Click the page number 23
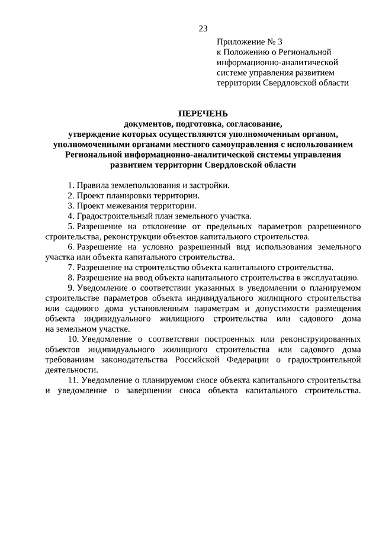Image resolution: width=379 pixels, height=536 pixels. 203,28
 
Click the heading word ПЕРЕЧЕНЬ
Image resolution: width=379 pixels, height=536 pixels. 203,114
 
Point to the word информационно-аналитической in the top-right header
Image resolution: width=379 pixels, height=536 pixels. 277,62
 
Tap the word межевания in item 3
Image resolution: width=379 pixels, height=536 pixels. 126,206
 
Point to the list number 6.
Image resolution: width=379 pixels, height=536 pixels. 70,246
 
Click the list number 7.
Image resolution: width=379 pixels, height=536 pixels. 70,267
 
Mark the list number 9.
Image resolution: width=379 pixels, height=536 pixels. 70,287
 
